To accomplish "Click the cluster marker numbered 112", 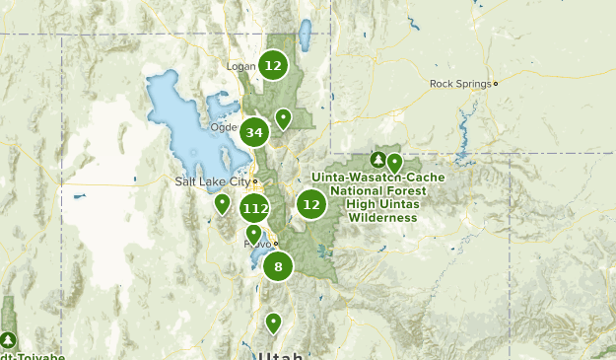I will click(x=254, y=208).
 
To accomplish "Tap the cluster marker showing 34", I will click(x=254, y=132).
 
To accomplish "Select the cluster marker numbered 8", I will click(x=278, y=265).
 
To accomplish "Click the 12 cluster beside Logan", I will click(x=273, y=66).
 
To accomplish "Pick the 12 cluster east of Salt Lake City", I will click(x=311, y=204).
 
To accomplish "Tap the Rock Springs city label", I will click(x=459, y=84).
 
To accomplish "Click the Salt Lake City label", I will click(x=211, y=181).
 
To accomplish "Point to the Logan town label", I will click(x=240, y=67).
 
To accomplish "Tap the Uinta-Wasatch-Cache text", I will click(x=377, y=178).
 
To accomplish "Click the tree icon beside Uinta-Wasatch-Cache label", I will click(x=377, y=159).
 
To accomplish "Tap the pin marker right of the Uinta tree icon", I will click(x=394, y=162).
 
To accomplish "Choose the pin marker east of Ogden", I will click(x=283, y=118).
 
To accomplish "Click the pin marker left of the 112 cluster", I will click(x=223, y=203).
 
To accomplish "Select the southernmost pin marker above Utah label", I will click(x=273, y=322).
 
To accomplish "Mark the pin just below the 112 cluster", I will click(x=253, y=233).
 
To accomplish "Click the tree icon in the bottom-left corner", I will click(x=9, y=339).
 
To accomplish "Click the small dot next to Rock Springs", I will click(x=496, y=84).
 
